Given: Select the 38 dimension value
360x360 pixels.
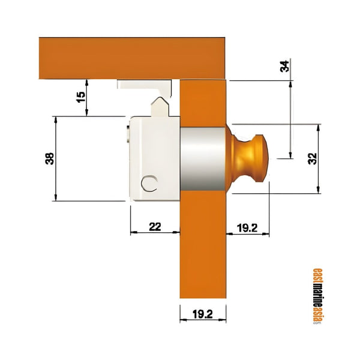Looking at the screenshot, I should click(x=50, y=158).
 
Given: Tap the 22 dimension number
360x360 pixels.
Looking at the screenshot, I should click(x=155, y=226).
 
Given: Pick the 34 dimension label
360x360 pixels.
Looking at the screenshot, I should click(x=285, y=67).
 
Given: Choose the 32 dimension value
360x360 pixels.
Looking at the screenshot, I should click(x=311, y=159).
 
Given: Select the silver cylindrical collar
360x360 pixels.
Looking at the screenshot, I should click(x=202, y=158).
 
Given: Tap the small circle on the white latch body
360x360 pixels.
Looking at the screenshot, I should click(x=149, y=184).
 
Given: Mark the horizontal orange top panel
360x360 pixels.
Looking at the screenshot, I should click(x=132, y=58).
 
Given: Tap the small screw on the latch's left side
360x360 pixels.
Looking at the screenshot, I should click(x=128, y=133).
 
